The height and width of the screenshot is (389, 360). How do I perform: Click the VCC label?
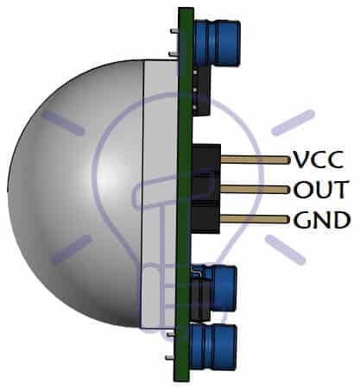coord(318,159)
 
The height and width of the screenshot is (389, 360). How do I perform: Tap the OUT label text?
coord(321,189)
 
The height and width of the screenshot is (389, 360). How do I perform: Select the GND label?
coord(322,220)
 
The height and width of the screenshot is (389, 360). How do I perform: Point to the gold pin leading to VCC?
coord(255,160)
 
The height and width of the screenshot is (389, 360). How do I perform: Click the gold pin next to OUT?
coord(255,189)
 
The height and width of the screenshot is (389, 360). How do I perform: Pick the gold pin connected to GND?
coord(255,219)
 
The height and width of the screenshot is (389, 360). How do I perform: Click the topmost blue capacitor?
coord(217,41)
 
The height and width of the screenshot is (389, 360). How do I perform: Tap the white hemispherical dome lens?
coord(75,193)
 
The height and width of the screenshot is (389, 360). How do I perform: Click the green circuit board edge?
coord(184,194)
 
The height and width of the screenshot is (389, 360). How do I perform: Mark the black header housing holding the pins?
coord(205,189)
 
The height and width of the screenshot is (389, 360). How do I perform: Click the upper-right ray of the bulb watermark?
coord(293,122)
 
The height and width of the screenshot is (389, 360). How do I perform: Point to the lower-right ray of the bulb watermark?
coord(285,249)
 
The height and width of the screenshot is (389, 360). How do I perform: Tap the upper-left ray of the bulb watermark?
coord(62,122)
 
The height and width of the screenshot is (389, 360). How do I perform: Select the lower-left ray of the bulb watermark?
coord(71,249)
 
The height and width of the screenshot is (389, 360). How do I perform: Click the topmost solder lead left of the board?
coord(174,31)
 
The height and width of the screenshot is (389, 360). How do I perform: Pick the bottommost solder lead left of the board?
coord(170,358)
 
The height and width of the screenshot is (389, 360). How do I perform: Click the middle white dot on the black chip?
coord(195,90)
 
